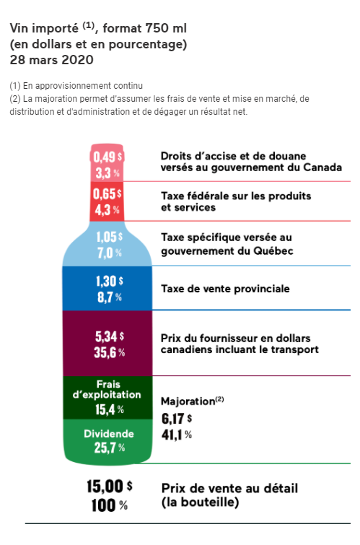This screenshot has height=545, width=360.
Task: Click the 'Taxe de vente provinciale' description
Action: tap(224, 289)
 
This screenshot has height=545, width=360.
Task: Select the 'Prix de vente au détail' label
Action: tap(229, 488)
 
